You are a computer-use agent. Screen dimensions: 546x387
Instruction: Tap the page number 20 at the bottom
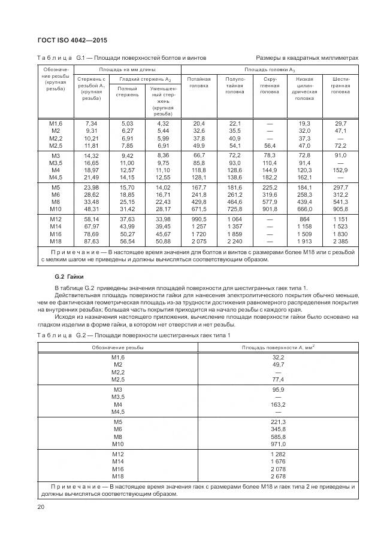pyautogui.click(x=41, y=507)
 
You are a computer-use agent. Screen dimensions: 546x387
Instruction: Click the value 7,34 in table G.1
pyautogui.click(x=91, y=123)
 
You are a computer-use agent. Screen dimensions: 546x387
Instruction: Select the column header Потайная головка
pyautogui.click(x=199, y=82)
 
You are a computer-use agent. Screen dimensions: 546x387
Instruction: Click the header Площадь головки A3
pyautogui.click(x=270, y=69)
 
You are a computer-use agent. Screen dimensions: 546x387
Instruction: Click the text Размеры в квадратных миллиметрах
pyautogui.click(x=307, y=58)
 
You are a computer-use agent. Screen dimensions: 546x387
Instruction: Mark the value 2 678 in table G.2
pyautogui.click(x=279, y=476)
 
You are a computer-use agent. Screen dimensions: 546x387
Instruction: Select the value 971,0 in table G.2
pyautogui.click(x=279, y=444)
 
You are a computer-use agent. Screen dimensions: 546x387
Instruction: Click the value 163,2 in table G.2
pyautogui.click(x=279, y=404)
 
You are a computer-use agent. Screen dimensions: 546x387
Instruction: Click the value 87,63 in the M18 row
pyautogui.click(x=91, y=242)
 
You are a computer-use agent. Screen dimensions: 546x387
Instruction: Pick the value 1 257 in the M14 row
pyautogui.click(x=199, y=227)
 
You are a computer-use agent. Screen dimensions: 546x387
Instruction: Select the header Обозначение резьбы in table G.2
pyautogui.click(x=117, y=347)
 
